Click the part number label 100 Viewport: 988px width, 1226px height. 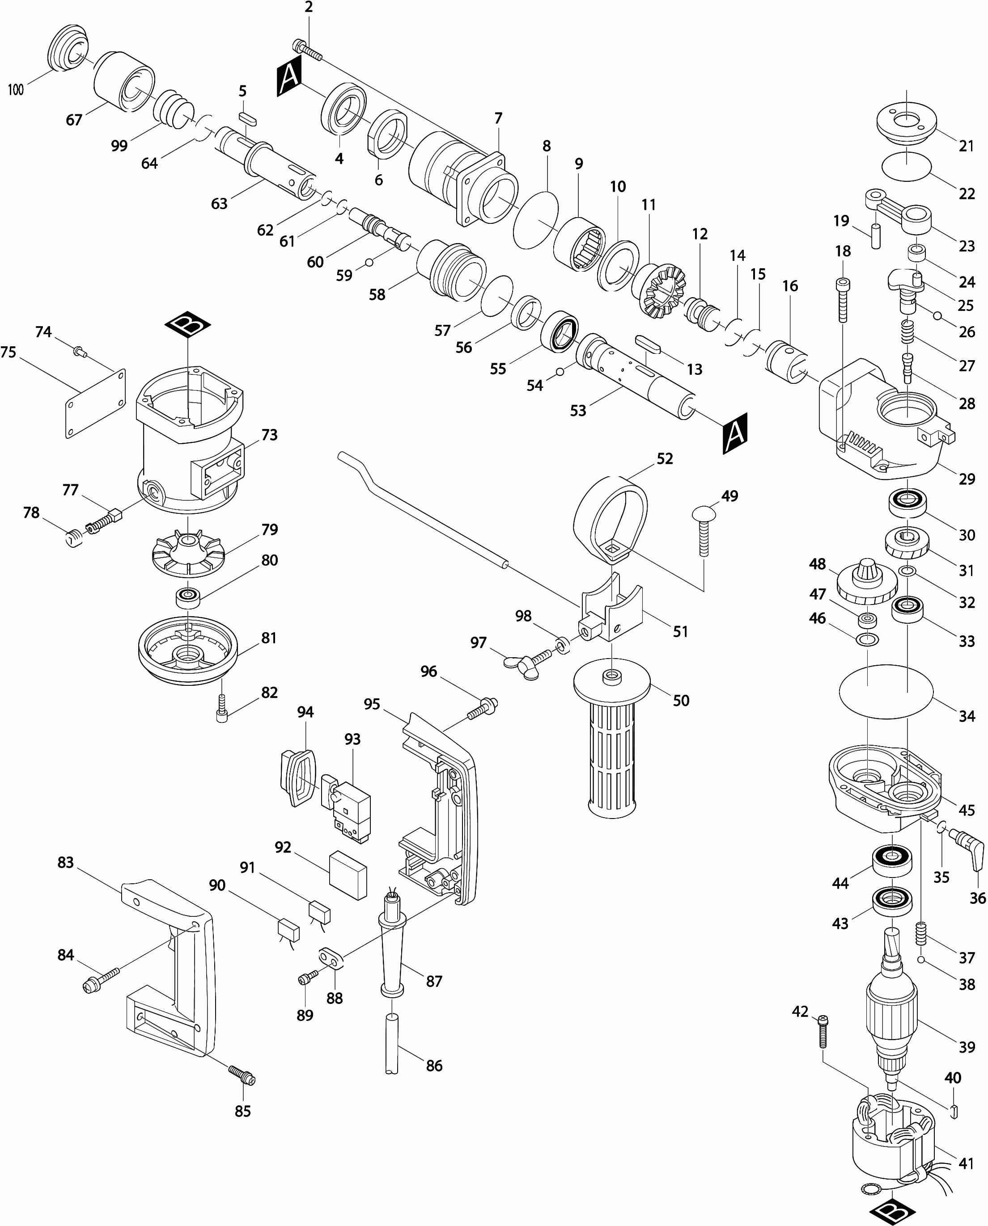16,89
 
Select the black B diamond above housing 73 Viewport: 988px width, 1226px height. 187,325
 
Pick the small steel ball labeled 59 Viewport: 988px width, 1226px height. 369,262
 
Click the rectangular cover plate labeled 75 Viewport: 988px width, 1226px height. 96,403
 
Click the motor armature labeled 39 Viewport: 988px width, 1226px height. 891,1009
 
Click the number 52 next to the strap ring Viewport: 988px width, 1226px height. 664,458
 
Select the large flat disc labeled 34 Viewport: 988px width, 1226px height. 886,691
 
